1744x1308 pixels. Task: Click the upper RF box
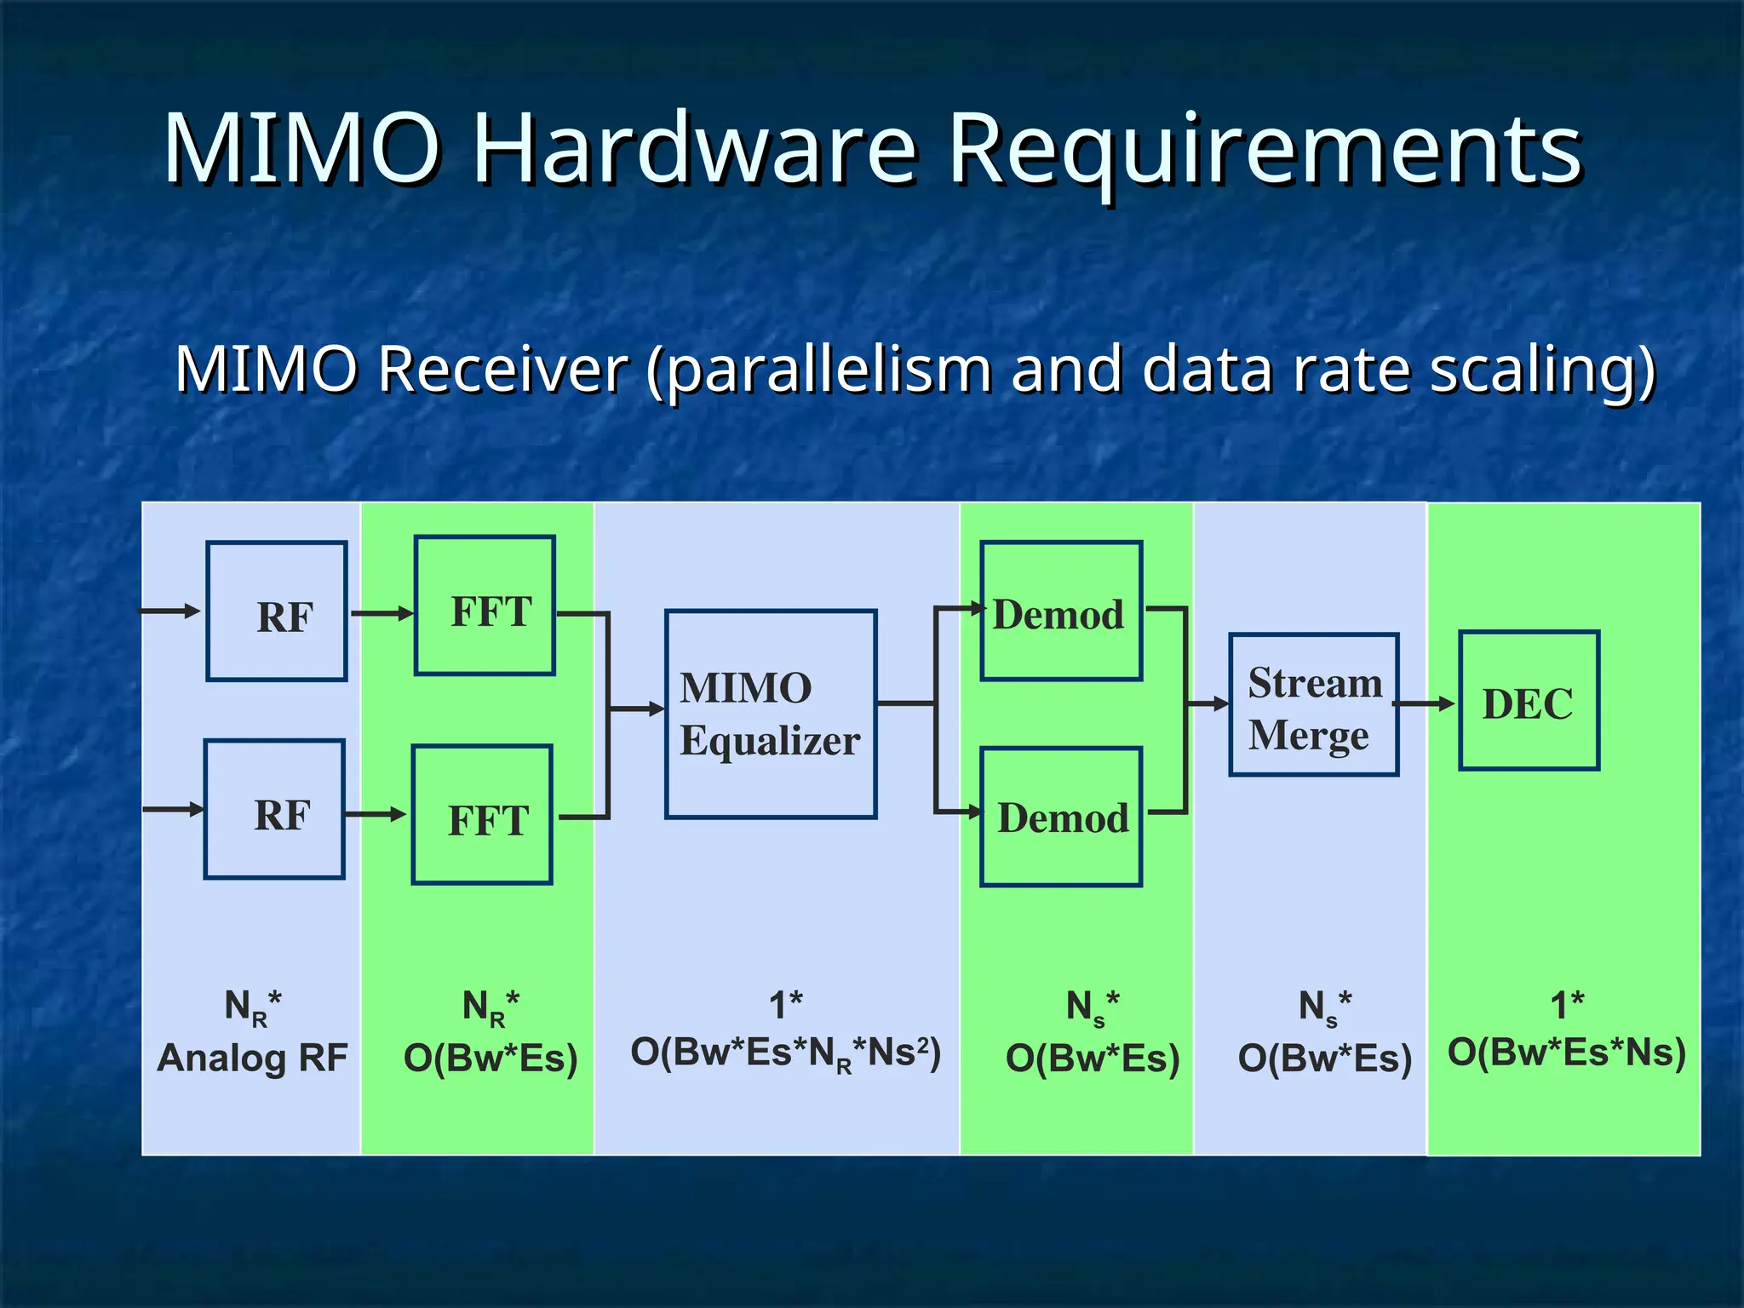277,611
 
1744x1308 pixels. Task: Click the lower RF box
274,809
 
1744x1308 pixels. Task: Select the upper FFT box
485,605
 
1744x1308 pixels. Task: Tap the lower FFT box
482,815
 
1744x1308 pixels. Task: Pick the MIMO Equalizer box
771,714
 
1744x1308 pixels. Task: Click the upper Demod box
1061,611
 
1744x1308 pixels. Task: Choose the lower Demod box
1061,817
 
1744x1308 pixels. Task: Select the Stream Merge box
1314,705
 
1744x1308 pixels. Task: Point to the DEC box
1529,701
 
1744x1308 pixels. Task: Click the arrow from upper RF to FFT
381,613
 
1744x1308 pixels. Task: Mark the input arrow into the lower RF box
173,809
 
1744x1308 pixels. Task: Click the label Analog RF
252,1058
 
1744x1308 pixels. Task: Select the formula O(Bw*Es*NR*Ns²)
785,1053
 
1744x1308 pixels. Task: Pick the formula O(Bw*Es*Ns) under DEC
1567,1053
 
